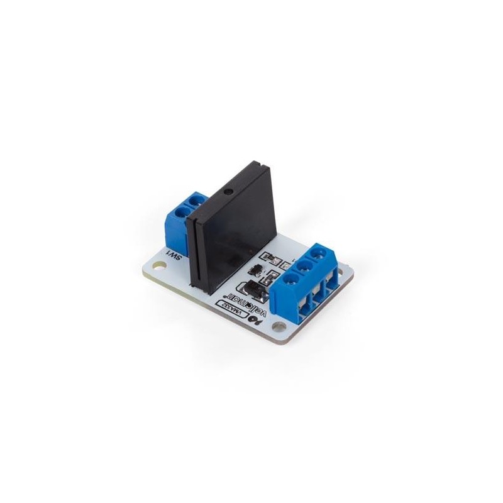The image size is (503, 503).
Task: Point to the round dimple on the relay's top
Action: pyautogui.click(x=231, y=189)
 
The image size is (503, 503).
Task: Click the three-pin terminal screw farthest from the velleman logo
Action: pyautogui.click(x=323, y=253)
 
